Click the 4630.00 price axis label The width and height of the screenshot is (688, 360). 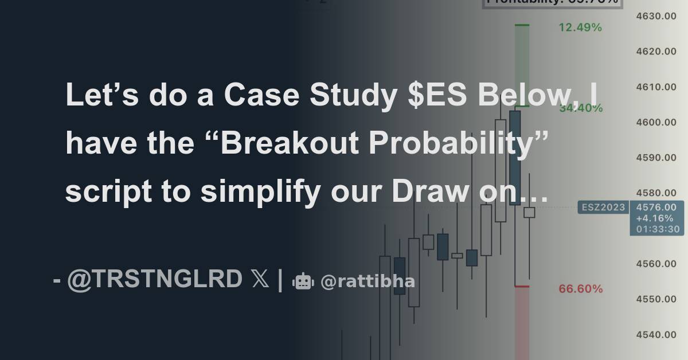point(656,16)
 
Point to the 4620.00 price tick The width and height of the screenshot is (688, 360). point(656,52)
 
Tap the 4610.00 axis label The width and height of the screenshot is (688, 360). point(656,87)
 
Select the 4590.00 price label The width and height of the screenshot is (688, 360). point(656,158)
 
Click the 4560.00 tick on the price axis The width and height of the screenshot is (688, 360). point(656,264)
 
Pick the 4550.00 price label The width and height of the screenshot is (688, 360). point(656,299)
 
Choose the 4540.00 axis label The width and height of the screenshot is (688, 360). point(656,335)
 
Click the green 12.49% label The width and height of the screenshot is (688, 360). point(580,28)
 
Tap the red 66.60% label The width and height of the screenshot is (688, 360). point(581,289)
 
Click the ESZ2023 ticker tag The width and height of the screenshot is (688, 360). point(603,208)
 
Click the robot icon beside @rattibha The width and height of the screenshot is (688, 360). point(303,281)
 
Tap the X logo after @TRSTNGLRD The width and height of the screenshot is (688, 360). point(260,279)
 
